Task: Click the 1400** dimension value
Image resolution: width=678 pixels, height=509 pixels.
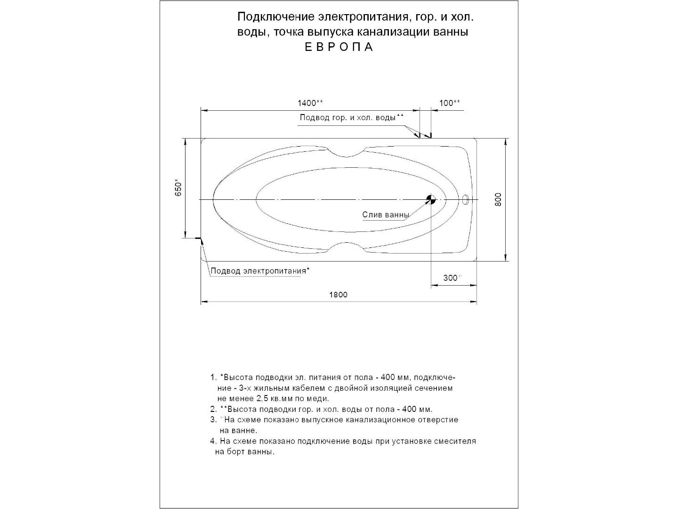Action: point(310,103)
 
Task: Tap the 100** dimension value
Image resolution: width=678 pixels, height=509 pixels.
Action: point(450,103)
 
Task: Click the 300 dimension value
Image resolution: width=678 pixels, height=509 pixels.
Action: point(451,278)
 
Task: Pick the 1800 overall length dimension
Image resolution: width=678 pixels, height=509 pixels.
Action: point(338,295)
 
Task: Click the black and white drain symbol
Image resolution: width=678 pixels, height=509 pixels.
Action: point(431,199)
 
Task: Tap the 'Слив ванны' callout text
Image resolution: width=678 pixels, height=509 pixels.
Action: point(386,215)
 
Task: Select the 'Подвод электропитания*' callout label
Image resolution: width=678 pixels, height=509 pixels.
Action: point(260,271)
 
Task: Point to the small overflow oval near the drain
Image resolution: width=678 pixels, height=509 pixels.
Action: point(466,199)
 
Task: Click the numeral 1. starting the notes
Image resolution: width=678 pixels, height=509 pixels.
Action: point(213,378)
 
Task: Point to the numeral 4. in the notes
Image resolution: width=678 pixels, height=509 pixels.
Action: point(213,442)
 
